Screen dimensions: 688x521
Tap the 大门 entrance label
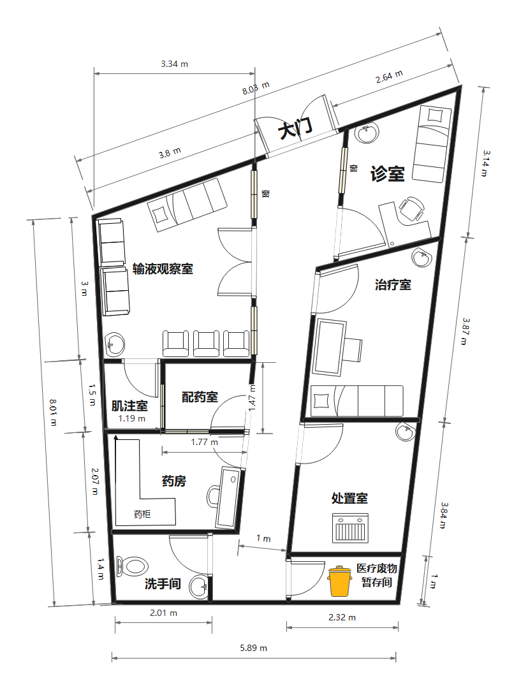[295, 130]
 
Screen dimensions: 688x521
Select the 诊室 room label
[388, 173]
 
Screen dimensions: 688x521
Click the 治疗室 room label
[393, 284]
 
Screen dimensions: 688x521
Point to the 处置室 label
[349, 498]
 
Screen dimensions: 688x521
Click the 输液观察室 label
[163, 269]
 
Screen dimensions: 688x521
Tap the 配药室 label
[200, 397]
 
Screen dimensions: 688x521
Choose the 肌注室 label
[129, 406]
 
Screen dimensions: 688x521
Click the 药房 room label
[174, 481]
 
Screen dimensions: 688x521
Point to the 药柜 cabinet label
[142, 513]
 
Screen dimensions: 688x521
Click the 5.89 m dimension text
[253, 648]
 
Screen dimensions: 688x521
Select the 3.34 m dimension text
[174, 64]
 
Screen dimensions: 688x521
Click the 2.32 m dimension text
[342, 617]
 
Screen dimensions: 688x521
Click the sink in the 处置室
[406, 432]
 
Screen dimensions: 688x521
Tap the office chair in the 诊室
[412, 207]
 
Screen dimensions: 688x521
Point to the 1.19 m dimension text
[131, 419]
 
